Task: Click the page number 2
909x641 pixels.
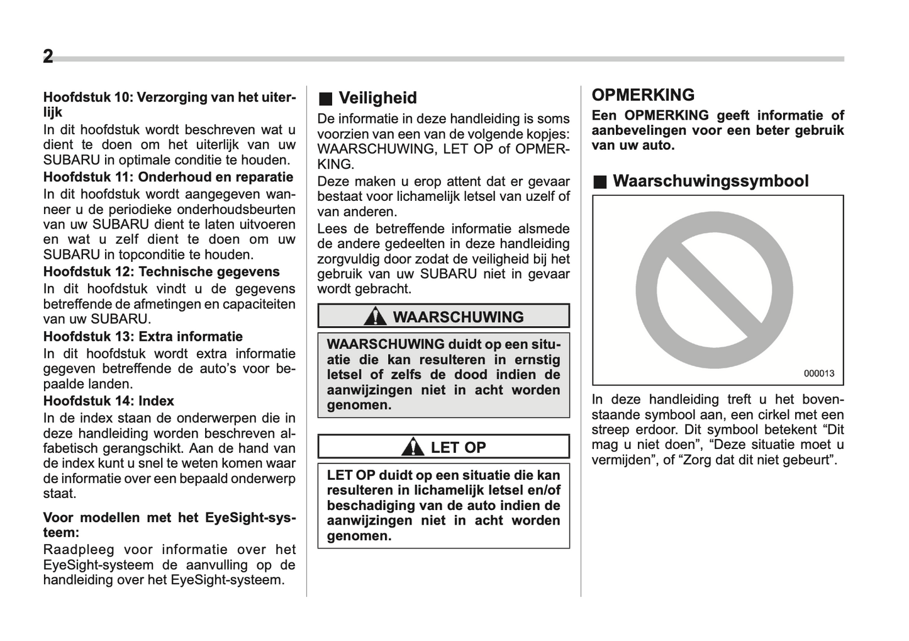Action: click(x=48, y=57)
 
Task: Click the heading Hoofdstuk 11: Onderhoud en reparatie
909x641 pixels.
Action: click(x=168, y=177)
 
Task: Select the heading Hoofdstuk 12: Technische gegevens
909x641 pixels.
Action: click(x=161, y=271)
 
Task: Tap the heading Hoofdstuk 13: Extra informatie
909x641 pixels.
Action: click(x=143, y=336)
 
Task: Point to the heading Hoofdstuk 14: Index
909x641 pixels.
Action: click(x=108, y=400)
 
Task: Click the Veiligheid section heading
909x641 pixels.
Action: click(x=377, y=98)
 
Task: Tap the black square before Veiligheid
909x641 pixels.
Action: click(x=325, y=98)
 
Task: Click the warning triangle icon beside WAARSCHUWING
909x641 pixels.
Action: click(x=376, y=316)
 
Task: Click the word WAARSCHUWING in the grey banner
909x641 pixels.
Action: click(x=458, y=317)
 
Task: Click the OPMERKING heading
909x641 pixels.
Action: click(x=643, y=95)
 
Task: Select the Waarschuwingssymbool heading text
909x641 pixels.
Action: click(x=710, y=181)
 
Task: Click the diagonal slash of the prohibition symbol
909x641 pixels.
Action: click(x=714, y=290)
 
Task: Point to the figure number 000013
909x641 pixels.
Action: click(x=818, y=373)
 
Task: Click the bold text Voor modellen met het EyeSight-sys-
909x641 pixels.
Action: click(x=169, y=518)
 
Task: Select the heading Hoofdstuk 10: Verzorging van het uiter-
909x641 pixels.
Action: click(x=169, y=98)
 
